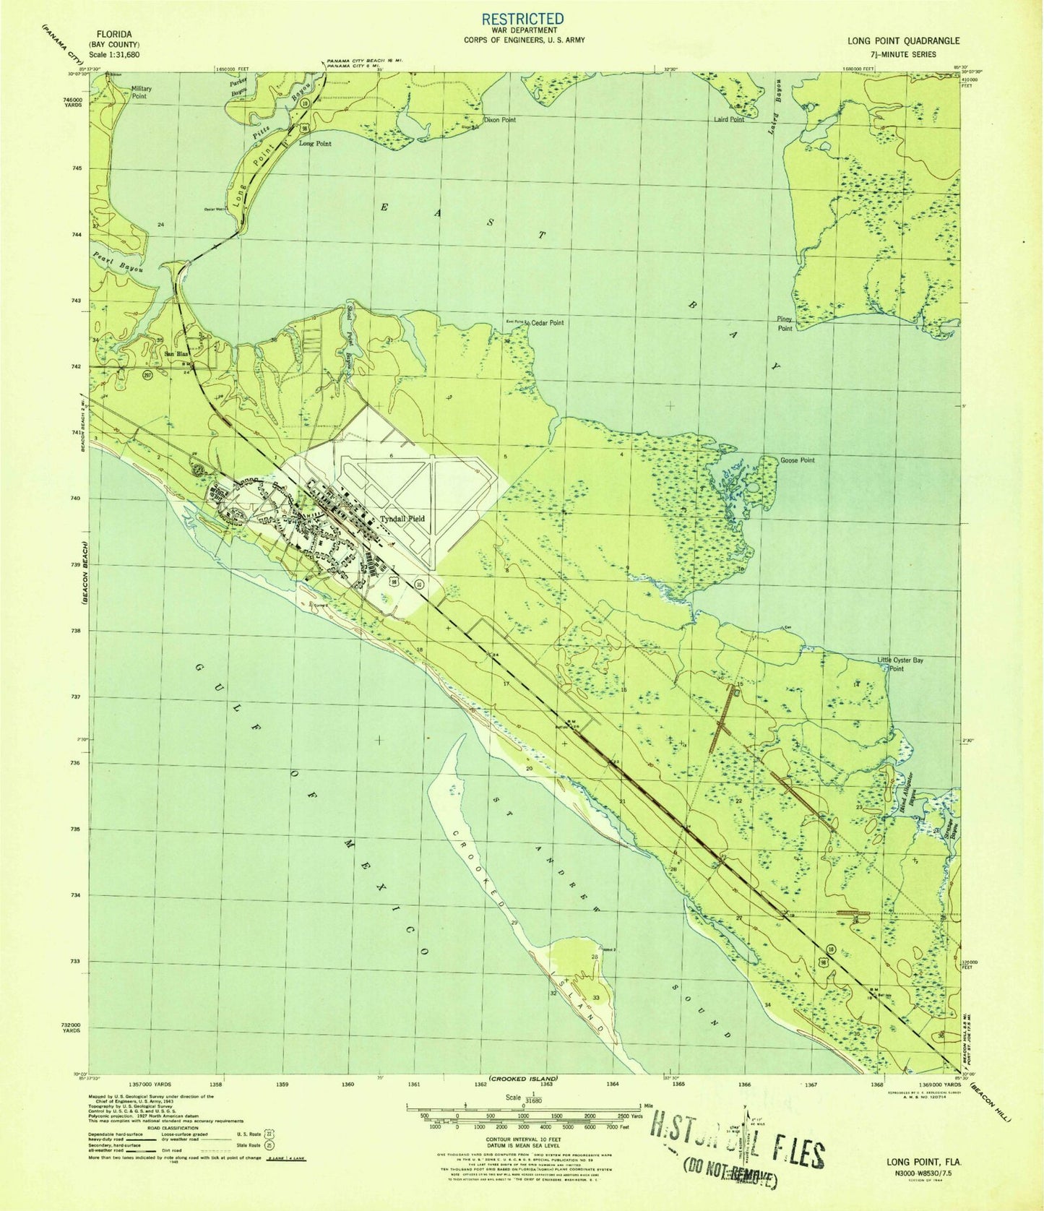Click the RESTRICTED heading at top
pos(522,18)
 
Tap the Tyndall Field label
pos(402,519)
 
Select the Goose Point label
pos(797,460)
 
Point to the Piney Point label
pos(785,323)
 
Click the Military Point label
pos(142,92)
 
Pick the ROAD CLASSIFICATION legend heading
pos(161,1127)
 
